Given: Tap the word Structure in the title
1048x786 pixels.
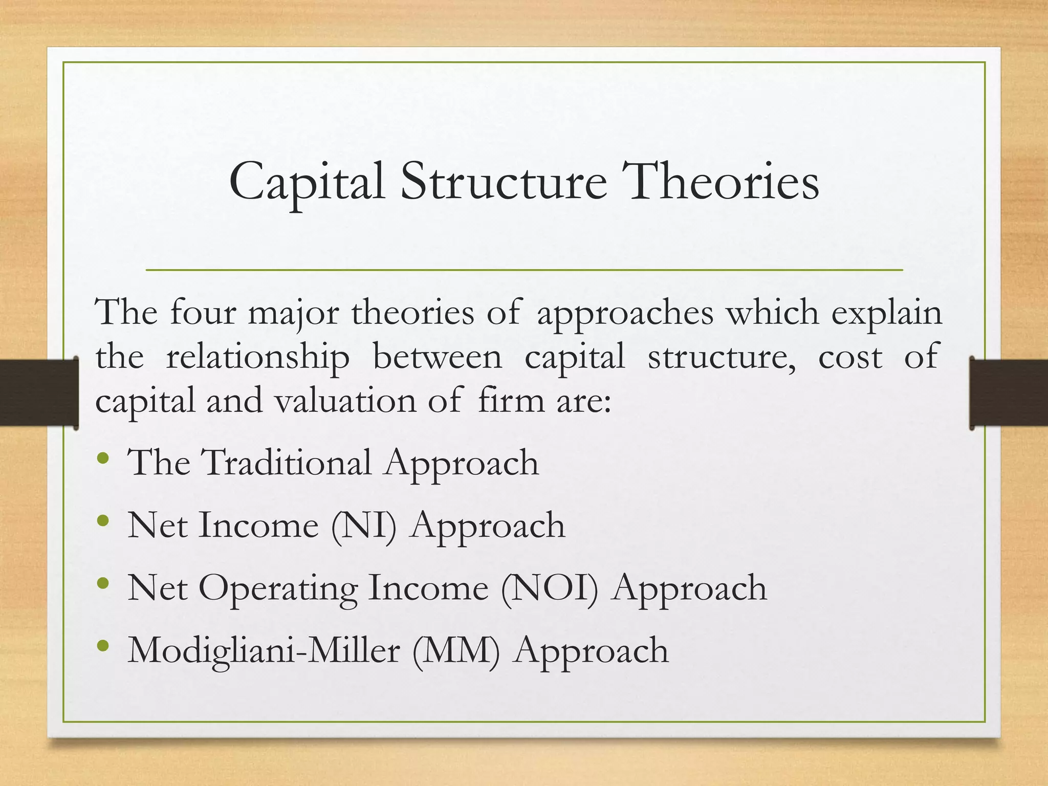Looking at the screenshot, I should pyautogui.click(x=504, y=182).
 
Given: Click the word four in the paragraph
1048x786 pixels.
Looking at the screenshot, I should pyautogui.click(x=203, y=312).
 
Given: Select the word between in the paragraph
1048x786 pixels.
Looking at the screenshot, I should pyautogui.click(x=438, y=357).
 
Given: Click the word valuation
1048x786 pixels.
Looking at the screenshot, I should pyautogui.click(x=346, y=401).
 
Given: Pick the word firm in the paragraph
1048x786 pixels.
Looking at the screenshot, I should pyautogui.click(x=511, y=400).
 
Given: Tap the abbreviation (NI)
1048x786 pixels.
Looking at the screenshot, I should pyautogui.click(x=364, y=526).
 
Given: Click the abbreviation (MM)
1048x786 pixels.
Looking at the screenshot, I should pyautogui.click(x=456, y=651).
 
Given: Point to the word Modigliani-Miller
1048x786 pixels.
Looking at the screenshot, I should pyautogui.click(x=264, y=651).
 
